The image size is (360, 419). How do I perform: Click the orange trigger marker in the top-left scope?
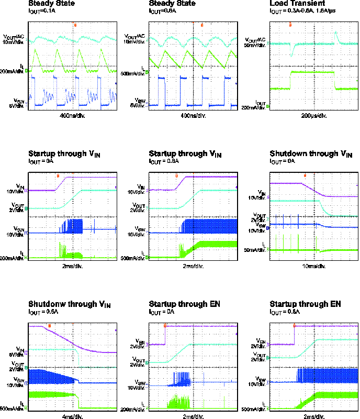pos(75,25)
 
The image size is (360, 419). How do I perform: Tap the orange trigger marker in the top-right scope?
pos(290,25)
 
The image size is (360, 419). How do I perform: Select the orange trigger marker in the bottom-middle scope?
pos(165,326)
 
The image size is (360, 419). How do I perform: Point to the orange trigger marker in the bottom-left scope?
pos(49,326)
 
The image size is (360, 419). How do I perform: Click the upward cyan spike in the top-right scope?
pos(336,36)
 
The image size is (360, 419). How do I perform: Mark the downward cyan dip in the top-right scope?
pos(292,51)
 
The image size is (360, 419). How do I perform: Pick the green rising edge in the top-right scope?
pos(290,80)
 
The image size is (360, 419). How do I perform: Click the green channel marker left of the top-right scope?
pos(267,106)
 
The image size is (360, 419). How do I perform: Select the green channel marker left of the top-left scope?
pos(26,70)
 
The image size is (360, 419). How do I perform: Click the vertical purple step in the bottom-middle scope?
pos(165,335)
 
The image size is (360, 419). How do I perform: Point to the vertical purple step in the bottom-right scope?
pos(294,335)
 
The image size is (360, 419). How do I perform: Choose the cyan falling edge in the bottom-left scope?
pos(78,358)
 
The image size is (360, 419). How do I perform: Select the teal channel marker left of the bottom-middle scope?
pos(147,362)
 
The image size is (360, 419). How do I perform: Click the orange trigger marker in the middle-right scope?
pos(305,176)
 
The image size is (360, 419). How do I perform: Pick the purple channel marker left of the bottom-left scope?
pos(26,352)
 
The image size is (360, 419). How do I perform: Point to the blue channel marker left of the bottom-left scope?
pos(26,383)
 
